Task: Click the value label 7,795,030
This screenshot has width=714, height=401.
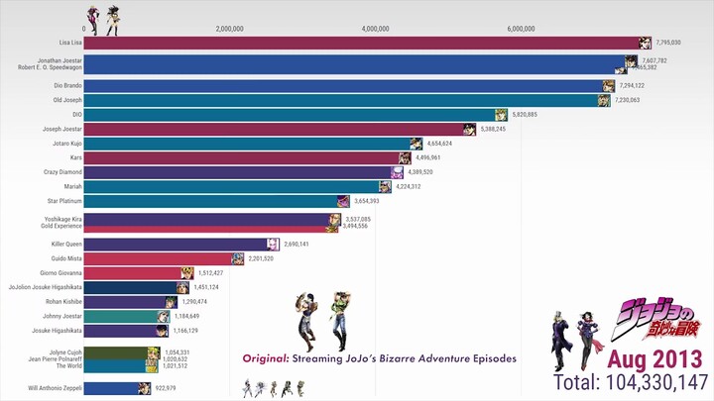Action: coord(669,44)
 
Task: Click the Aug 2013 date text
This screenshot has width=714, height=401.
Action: coord(655,356)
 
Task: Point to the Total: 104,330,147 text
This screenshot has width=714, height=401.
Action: coord(631,381)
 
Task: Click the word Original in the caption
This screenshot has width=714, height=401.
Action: coord(264,357)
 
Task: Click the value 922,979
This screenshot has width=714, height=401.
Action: coord(170,387)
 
